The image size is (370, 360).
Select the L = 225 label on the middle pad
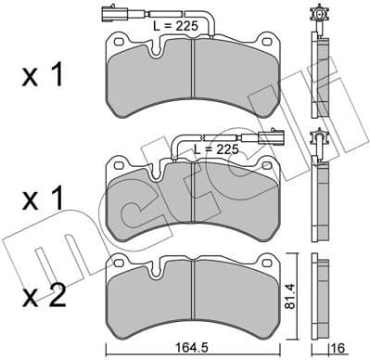tap(214, 148)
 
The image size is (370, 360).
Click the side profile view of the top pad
tap(321, 79)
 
